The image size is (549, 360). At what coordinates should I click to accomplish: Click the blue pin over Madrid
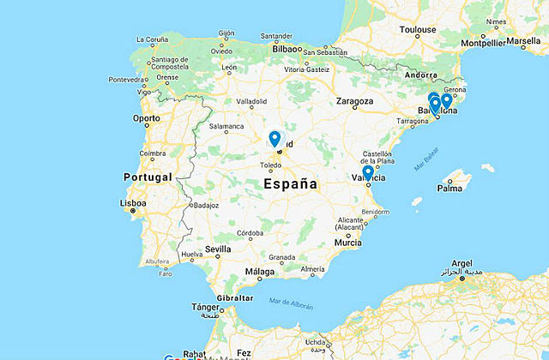274,138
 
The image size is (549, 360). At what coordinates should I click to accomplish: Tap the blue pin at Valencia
367,172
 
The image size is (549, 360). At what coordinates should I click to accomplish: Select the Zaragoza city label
354,101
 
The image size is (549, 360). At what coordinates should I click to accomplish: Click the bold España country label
290,184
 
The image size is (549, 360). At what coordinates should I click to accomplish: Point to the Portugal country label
148,177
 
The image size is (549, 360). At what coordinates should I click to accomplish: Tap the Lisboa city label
133,203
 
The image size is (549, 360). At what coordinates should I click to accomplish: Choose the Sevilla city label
218,249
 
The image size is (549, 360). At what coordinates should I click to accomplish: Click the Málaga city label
260,272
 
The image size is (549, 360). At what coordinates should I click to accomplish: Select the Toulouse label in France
418,30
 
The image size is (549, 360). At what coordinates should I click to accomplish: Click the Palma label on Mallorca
449,188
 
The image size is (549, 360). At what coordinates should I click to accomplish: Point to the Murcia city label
348,243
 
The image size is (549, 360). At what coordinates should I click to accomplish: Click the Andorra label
420,75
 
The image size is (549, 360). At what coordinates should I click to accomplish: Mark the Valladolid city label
251,101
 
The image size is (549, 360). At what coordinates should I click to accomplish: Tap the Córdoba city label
250,232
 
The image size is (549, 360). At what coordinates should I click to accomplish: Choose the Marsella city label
523,40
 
